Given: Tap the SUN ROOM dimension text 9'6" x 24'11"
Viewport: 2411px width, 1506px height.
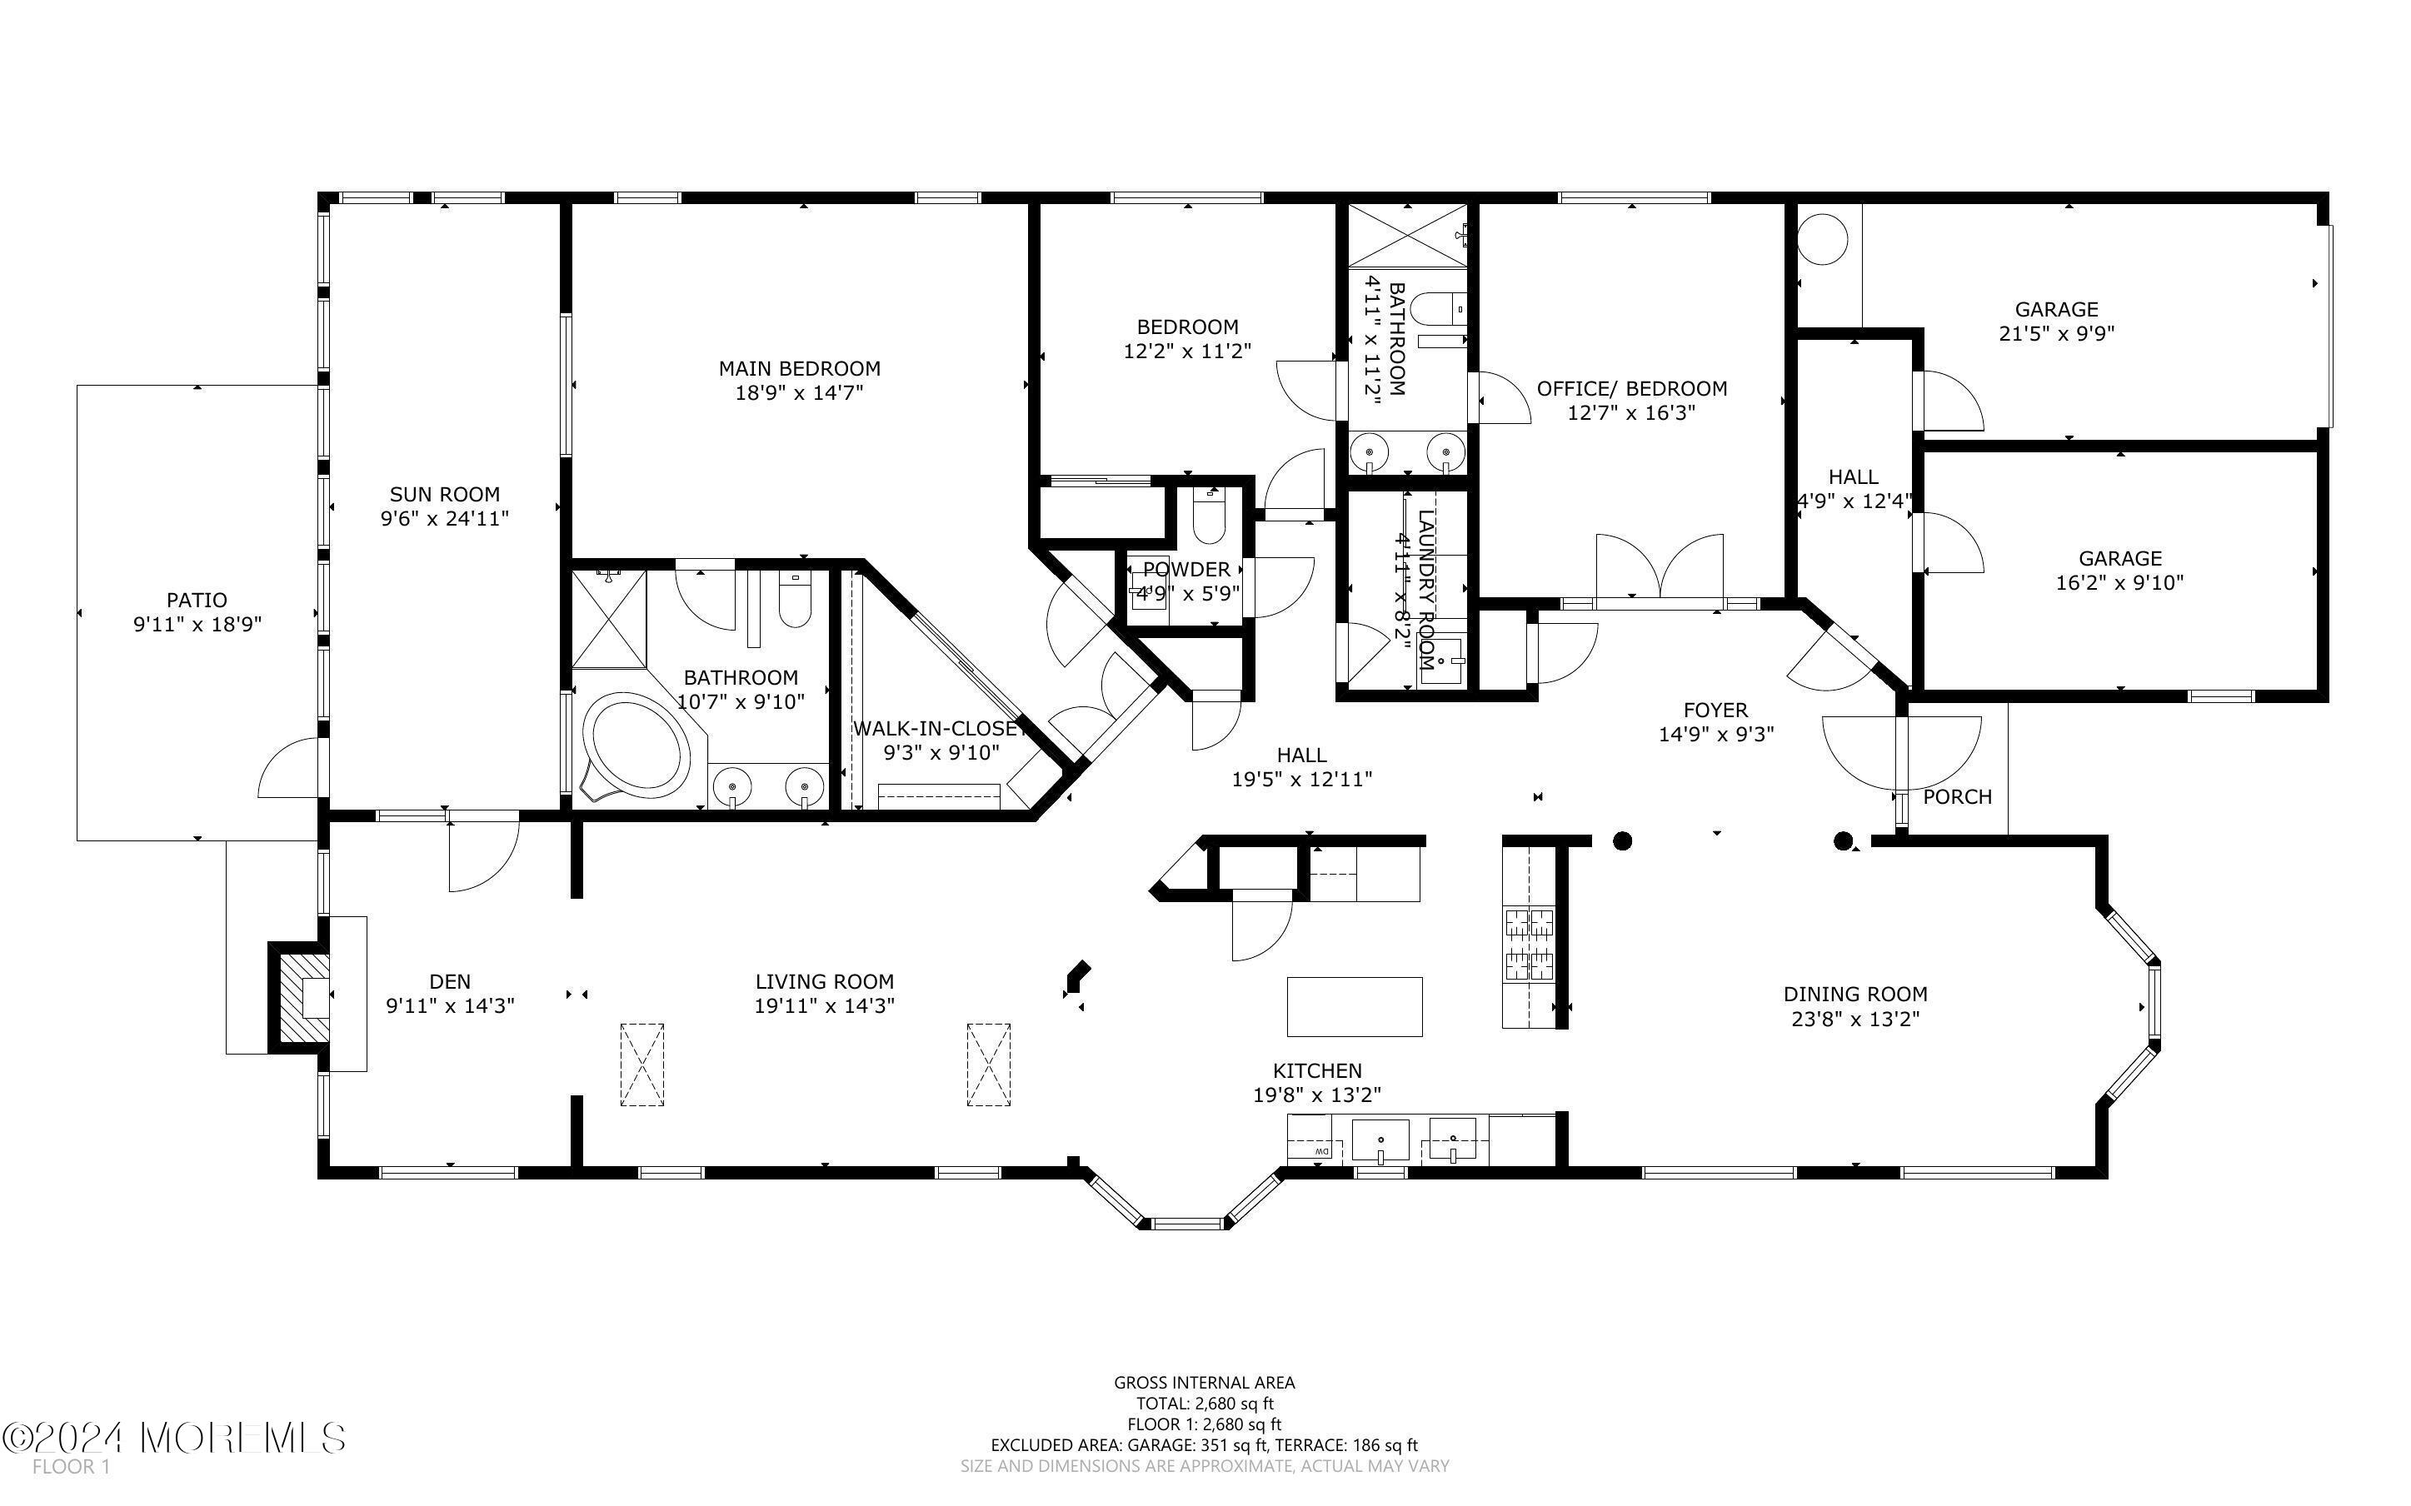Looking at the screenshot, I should pyautogui.click(x=444, y=518).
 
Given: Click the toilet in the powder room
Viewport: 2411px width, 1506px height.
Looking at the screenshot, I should pyautogui.click(x=1208, y=518).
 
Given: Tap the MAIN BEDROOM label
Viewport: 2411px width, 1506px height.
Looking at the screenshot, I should pyautogui.click(x=799, y=368).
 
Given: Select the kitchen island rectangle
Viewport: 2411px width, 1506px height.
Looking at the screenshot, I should pyautogui.click(x=1354, y=1007).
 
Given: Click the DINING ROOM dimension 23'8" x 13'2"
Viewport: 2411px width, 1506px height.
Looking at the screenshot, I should pyautogui.click(x=1854, y=1018).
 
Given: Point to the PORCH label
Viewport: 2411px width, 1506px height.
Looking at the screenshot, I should pyautogui.click(x=1956, y=797).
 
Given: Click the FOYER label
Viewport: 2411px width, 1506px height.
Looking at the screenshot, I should pyautogui.click(x=1715, y=711).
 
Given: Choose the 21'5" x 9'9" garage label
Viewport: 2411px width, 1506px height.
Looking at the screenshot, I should pyautogui.click(x=2055, y=334).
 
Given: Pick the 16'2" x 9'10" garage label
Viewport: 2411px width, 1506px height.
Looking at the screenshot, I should pyautogui.click(x=2119, y=583).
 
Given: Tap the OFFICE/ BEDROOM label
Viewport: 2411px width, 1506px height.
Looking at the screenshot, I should pyautogui.click(x=1631, y=388).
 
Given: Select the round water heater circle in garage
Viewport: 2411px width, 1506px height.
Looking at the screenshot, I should pyautogui.click(x=1824, y=240).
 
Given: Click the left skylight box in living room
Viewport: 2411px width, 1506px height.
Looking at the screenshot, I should pyautogui.click(x=642, y=1064).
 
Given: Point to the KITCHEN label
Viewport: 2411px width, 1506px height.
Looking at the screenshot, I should pyautogui.click(x=1316, y=1070).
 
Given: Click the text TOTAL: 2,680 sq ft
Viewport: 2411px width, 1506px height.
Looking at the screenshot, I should pyautogui.click(x=1204, y=1404).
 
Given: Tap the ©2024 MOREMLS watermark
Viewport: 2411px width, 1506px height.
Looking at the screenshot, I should pyautogui.click(x=174, y=1439).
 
